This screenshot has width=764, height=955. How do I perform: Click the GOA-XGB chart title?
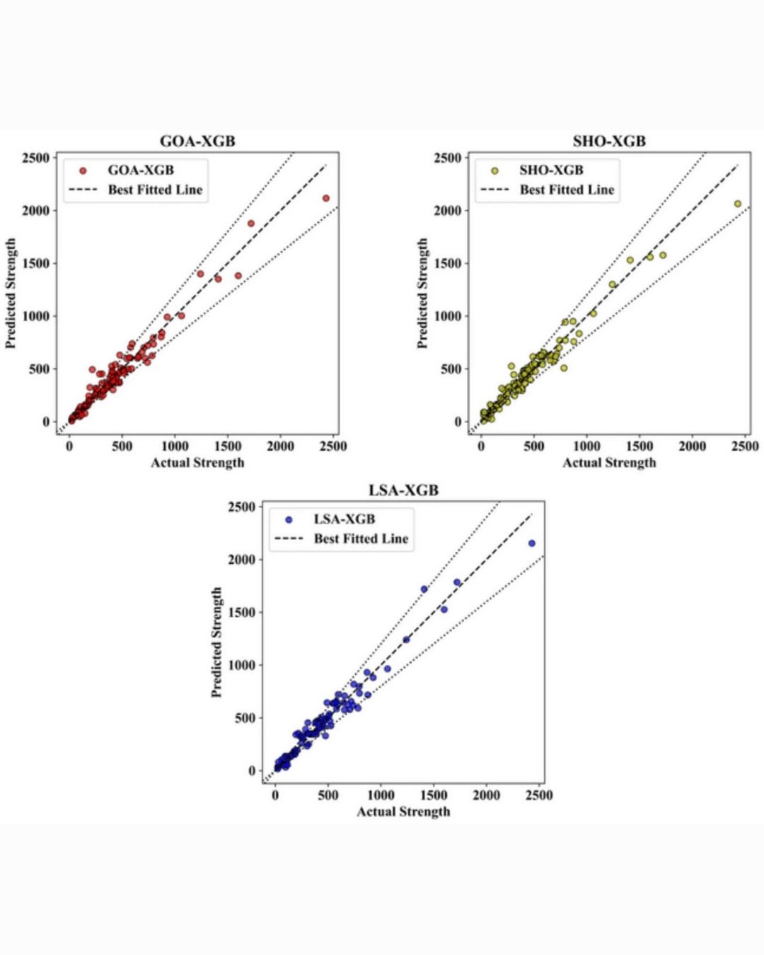click(x=197, y=141)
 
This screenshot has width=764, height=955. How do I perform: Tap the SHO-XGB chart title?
click(x=609, y=141)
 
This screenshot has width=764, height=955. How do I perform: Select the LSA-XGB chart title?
click(x=403, y=490)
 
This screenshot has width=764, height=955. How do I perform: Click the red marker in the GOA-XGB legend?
click(x=83, y=170)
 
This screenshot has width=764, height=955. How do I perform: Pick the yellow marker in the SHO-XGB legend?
click(x=494, y=170)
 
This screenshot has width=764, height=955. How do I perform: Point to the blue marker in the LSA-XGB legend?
click(x=289, y=519)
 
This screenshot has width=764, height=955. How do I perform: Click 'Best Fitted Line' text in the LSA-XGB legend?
click(x=361, y=538)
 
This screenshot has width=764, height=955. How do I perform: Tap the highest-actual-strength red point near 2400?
click(x=326, y=198)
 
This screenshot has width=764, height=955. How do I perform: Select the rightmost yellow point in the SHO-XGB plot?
click(x=738, y=204)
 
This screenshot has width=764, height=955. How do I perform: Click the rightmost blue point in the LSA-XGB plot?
click(x=532, y=543)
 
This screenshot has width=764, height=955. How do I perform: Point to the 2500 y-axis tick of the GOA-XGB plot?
click(x=36, y=158)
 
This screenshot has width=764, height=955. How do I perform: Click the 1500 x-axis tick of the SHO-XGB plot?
click(x=639, y=446)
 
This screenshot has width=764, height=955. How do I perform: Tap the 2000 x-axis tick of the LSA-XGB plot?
click(x=486, y=795)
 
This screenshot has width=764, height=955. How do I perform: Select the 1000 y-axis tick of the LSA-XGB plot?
click(x=241, y=665)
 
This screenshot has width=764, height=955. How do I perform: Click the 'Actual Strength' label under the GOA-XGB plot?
click(x=197, y=463)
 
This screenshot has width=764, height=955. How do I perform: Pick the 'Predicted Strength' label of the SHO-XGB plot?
click(x=422, y=293)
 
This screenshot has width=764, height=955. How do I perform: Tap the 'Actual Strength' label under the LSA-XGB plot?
click(x=403, y=811)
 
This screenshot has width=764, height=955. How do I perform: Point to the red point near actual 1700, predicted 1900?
click(x=251, y=224)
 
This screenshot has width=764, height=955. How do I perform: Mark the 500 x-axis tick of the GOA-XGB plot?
click(x=122, y=446)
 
